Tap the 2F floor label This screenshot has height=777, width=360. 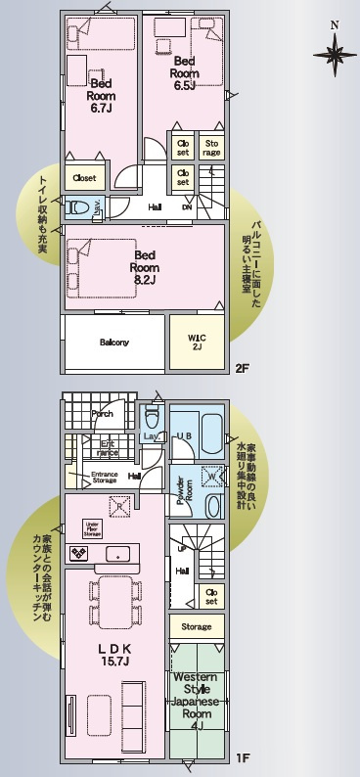coord(243,368)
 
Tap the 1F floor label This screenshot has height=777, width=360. coord(244,756)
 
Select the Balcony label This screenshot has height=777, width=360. coord(114,342)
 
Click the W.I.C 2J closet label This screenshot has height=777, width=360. coord(197,342)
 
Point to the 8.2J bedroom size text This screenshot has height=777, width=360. coord(147,280)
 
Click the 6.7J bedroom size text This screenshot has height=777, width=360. coord(103,109)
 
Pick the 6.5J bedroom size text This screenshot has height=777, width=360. coord(184,85)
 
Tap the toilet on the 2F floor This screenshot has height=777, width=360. coord(79,207)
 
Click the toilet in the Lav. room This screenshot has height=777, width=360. coord(151,415)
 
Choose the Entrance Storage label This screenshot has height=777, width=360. coord(105,479)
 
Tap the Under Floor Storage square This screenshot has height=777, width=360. coord(92,529)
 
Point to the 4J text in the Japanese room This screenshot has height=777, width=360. coord(199,726)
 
